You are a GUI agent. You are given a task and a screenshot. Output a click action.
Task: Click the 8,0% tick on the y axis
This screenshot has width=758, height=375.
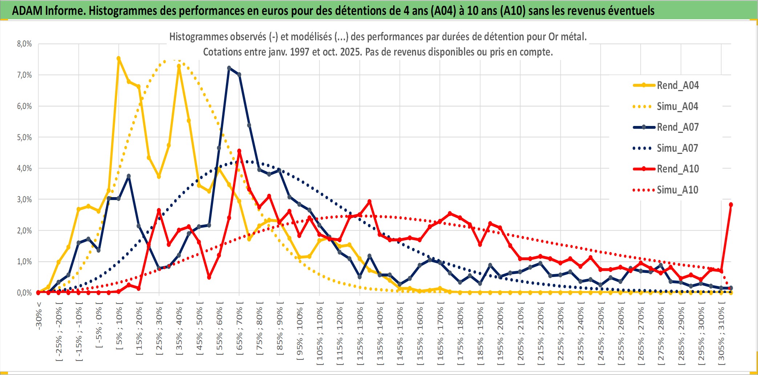(24, 44)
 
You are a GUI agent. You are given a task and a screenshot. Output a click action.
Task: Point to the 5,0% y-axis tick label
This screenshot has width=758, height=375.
(24, 137)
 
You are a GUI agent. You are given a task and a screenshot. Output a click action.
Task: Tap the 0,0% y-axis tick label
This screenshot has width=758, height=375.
(24, 293)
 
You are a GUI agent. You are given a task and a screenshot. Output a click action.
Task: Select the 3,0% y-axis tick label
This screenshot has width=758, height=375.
(24, 199)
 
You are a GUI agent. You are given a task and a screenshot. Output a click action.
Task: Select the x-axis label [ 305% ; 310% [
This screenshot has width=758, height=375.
(721, 332)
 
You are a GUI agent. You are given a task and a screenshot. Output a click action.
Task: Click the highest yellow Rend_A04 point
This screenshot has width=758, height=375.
(118, 58)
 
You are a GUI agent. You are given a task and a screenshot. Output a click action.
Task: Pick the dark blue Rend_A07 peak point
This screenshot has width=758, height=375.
(229, 68)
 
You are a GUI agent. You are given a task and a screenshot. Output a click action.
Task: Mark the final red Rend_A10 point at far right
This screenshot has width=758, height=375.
(731, 205)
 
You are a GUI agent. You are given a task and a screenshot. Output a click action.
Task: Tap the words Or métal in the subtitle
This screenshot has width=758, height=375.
(568, 37)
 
